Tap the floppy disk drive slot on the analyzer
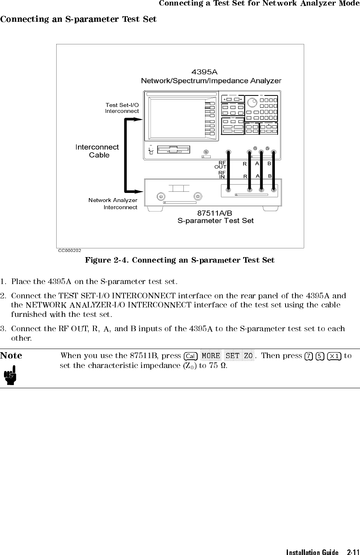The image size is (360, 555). tap(173, 150)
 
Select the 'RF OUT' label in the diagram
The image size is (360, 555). tap(220, 165)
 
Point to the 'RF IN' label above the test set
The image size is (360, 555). tap(222, 175)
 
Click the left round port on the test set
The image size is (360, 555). tap(161, 196)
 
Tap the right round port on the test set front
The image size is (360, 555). tap(198, 196)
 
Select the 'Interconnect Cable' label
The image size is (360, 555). tap(97, 151)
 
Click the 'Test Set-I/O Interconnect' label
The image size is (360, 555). tap(122, 108)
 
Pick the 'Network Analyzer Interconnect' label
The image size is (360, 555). tap(113, 204)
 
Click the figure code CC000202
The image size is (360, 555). tap(70, 250)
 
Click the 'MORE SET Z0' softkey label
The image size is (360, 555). tap(227, 356)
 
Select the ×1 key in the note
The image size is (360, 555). tap(335, 356)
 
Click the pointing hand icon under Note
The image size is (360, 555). tap(11, 375)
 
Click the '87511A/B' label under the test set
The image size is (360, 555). tap(215, 214)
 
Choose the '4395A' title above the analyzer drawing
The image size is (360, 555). tap(204, 72)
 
